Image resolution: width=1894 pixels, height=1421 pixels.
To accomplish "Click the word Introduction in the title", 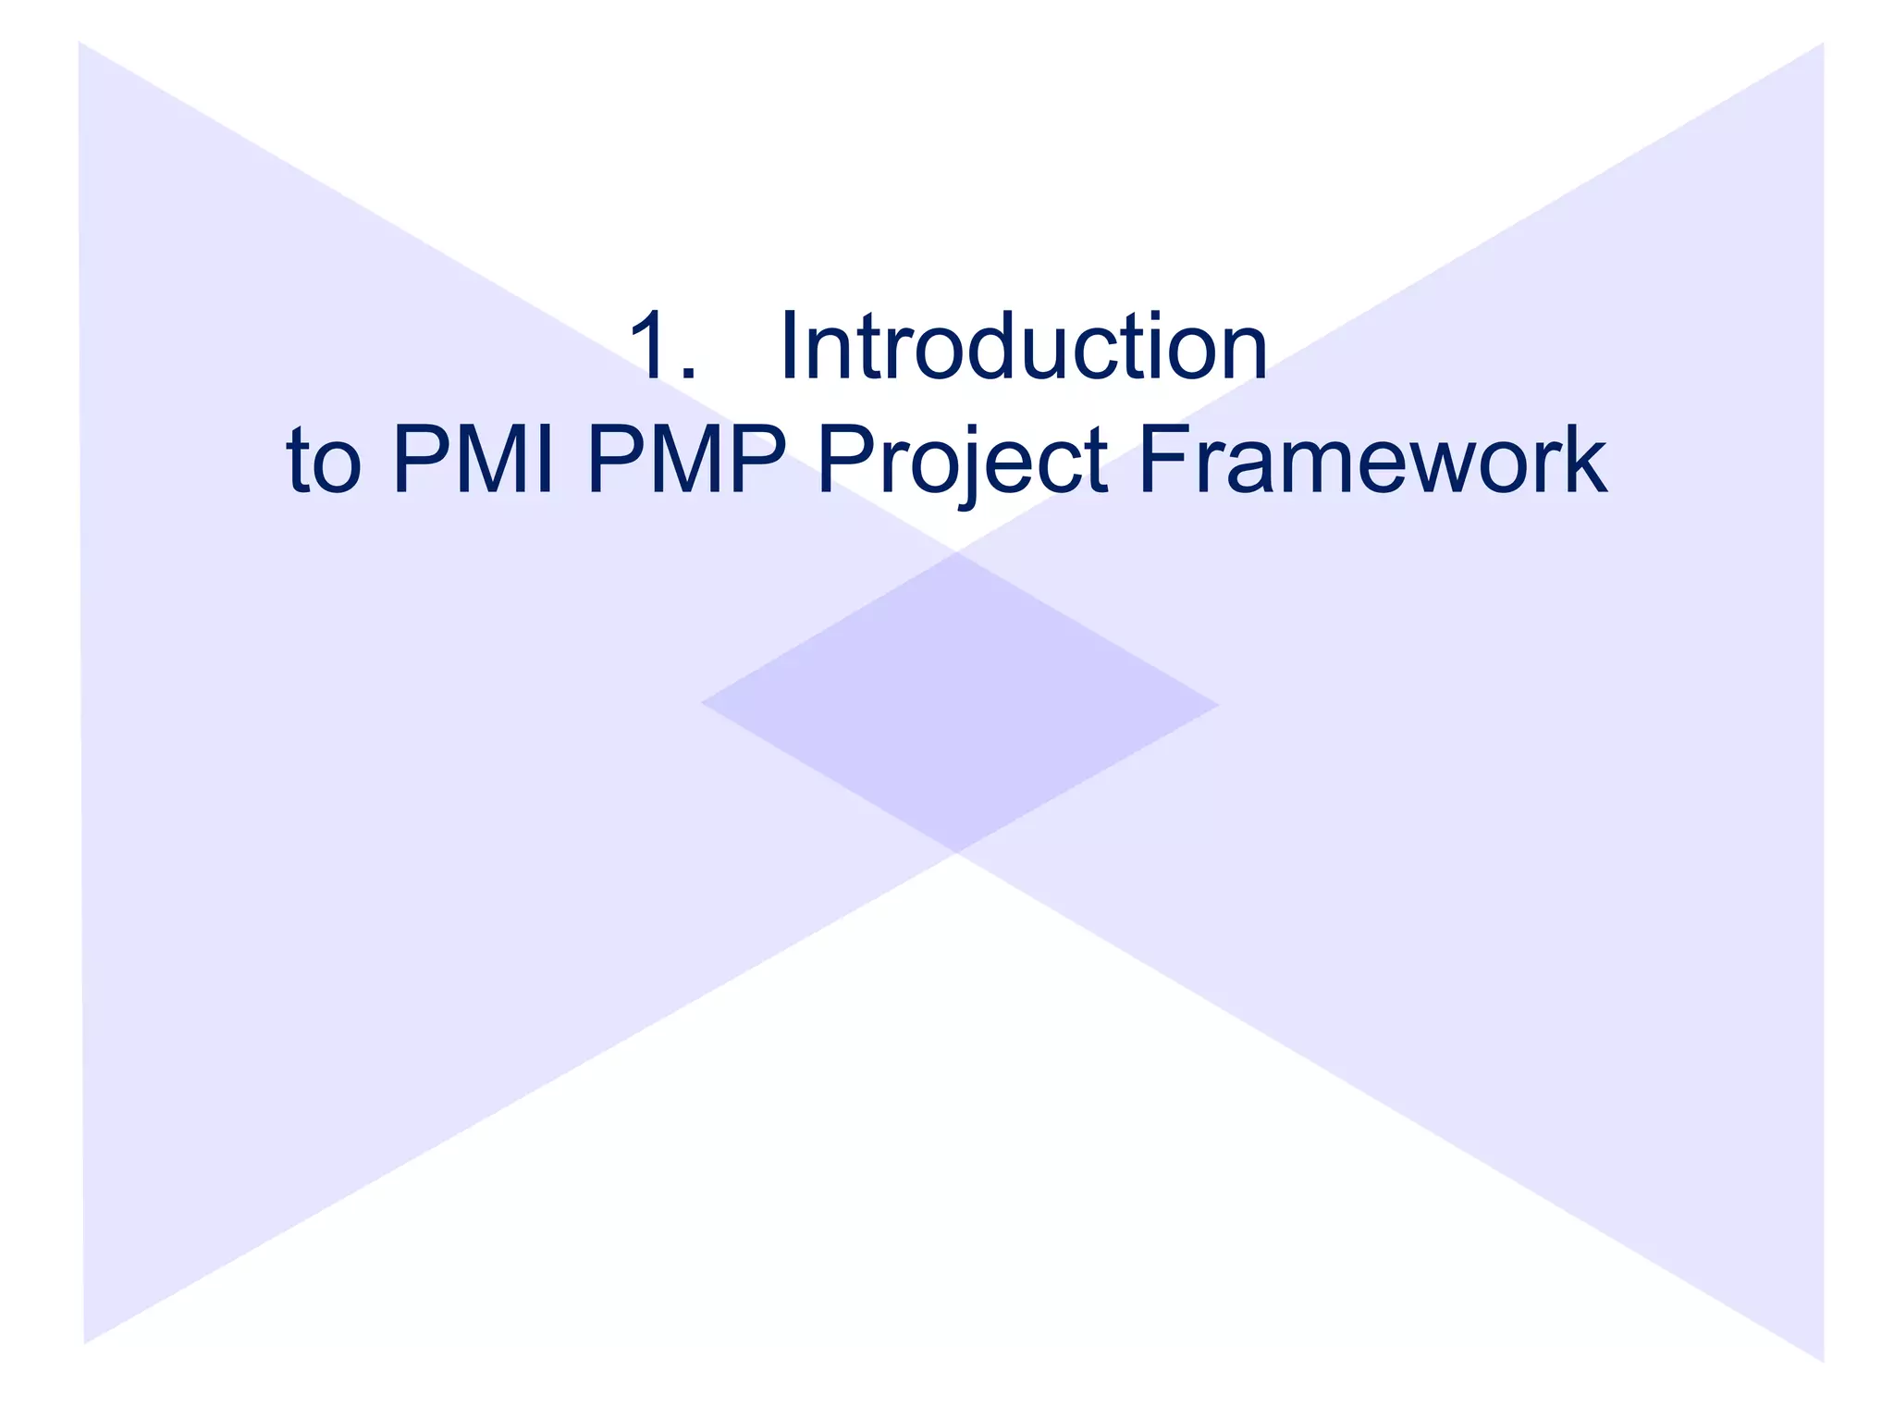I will [1024, 347].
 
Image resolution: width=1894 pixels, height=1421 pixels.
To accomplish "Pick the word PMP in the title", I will [685, 461].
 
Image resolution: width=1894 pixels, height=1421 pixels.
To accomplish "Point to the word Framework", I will [1372, 461].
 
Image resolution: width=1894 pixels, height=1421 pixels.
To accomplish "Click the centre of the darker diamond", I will [959, 703].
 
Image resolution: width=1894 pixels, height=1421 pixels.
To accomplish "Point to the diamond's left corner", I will [703, 702].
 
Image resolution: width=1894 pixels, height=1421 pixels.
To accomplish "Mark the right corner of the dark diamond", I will [1218, 705].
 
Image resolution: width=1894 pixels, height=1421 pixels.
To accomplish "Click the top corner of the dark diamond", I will [958, 553].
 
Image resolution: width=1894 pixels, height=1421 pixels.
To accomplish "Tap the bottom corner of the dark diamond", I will [958, 852].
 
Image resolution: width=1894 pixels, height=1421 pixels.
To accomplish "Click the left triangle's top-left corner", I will [80, 43].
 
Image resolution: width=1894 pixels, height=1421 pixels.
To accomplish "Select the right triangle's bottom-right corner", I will [1823, 1361].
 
